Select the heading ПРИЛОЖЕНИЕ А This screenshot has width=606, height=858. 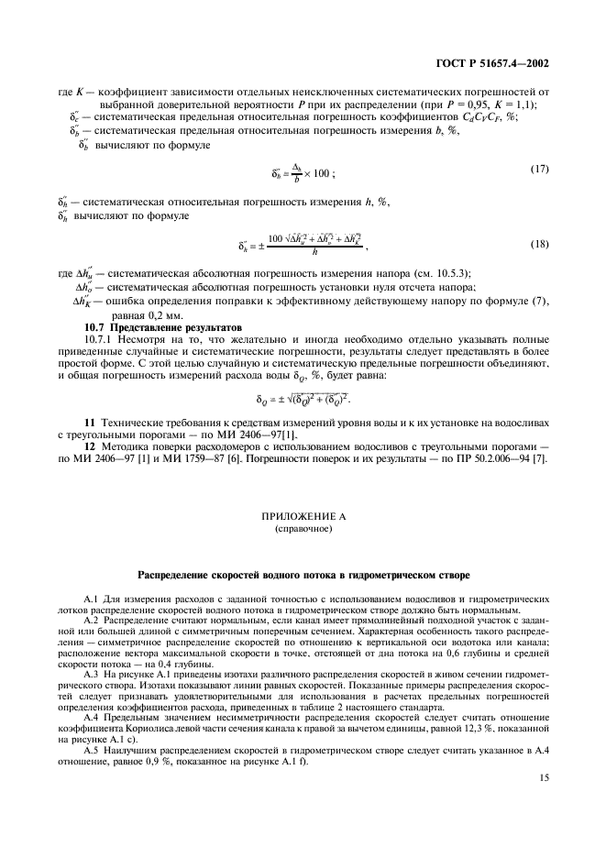[x=302, y=517]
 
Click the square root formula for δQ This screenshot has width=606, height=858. [x=303, y=399]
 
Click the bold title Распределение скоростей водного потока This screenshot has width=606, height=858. [x=302, y=576]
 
